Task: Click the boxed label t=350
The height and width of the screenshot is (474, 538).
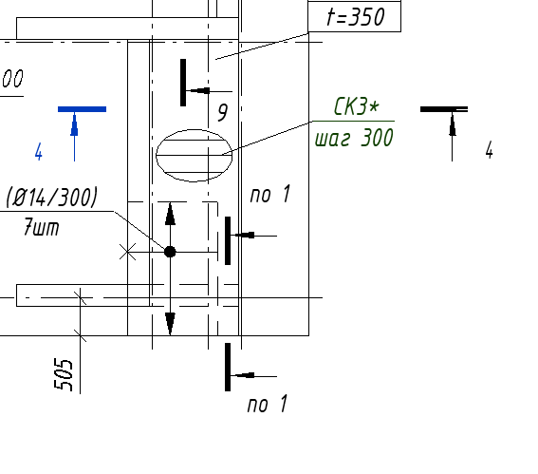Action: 355,16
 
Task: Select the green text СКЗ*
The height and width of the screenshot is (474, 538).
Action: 357,106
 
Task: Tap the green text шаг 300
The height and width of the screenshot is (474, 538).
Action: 354,138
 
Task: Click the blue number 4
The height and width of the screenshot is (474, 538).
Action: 39,152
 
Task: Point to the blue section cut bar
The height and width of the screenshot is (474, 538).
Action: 82,109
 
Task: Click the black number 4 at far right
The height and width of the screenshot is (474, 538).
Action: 490,150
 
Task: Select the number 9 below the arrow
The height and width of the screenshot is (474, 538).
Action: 223,112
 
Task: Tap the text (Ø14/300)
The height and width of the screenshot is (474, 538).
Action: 52,198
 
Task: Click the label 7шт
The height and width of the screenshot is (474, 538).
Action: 42,227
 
